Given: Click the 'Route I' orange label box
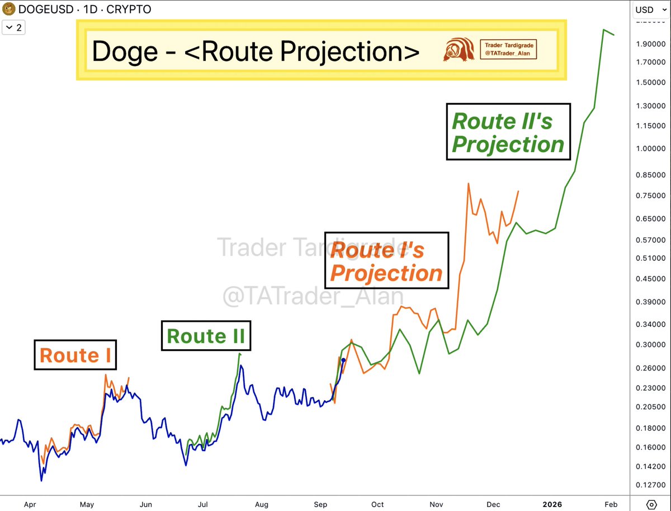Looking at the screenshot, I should [x=75, y=355].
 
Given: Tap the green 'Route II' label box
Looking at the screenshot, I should [x=206, y=336].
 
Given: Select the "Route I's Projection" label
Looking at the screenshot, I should [x=386, y=260].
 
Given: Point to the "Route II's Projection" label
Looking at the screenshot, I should [x=508, y=132].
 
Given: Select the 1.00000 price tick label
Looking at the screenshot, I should [x=650, y=148].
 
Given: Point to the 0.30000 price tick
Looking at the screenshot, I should [x=650, y=345].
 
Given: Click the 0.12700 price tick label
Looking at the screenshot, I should [x=650, y=484].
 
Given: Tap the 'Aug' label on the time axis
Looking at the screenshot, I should [x=261, y=504].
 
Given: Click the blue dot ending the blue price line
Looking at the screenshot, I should [x=343, y=360].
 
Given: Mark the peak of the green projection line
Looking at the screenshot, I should [x=604, y=30].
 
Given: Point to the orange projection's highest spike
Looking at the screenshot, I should [x=468, y=184].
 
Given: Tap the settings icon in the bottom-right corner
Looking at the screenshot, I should [x=651, y=503].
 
